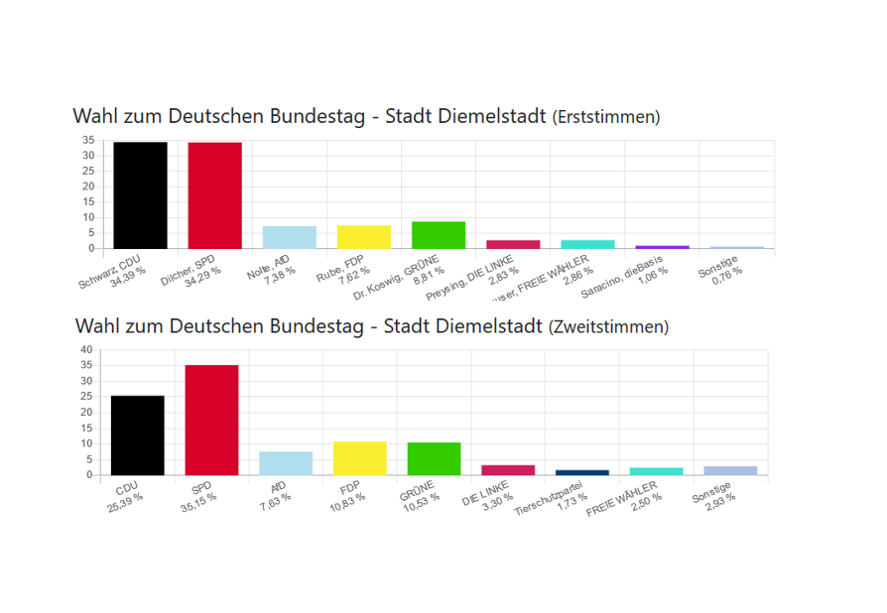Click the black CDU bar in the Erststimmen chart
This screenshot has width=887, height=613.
click(x=140, y=194)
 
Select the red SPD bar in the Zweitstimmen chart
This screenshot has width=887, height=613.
click(x=211, y=420)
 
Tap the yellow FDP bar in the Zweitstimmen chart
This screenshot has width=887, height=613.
click(x=359, y=457)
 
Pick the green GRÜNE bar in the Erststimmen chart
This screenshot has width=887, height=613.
click(x=438, y=235)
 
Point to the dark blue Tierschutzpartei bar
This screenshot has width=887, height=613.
click(x=581, y=472)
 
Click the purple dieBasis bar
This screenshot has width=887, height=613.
click(x=662, y=247)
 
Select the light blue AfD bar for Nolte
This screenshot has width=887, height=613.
click(x=289, y=237)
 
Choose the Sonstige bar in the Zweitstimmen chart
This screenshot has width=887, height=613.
click(x=730, y=470)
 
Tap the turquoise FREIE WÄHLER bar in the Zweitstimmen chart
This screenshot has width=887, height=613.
click(x=656, y=471)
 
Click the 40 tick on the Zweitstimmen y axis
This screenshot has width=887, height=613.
click(x=85, y=349)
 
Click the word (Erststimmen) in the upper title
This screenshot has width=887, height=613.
click(x=605, y=118)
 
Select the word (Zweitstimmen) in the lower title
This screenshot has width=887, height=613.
click(x=608, y=326)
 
